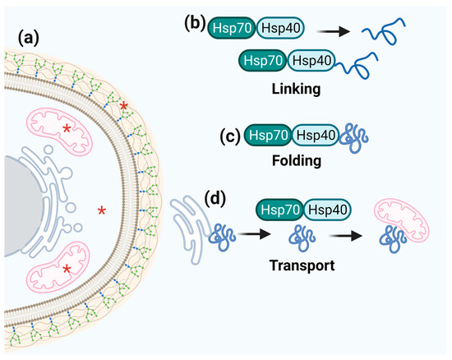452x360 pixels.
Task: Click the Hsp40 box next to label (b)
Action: click(x=282, y=28)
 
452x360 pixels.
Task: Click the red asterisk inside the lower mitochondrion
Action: click(x=67, y=269)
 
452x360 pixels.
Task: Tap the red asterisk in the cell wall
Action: click(x=124, y=107)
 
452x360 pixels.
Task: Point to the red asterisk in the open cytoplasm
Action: click(x=102, y=211)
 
